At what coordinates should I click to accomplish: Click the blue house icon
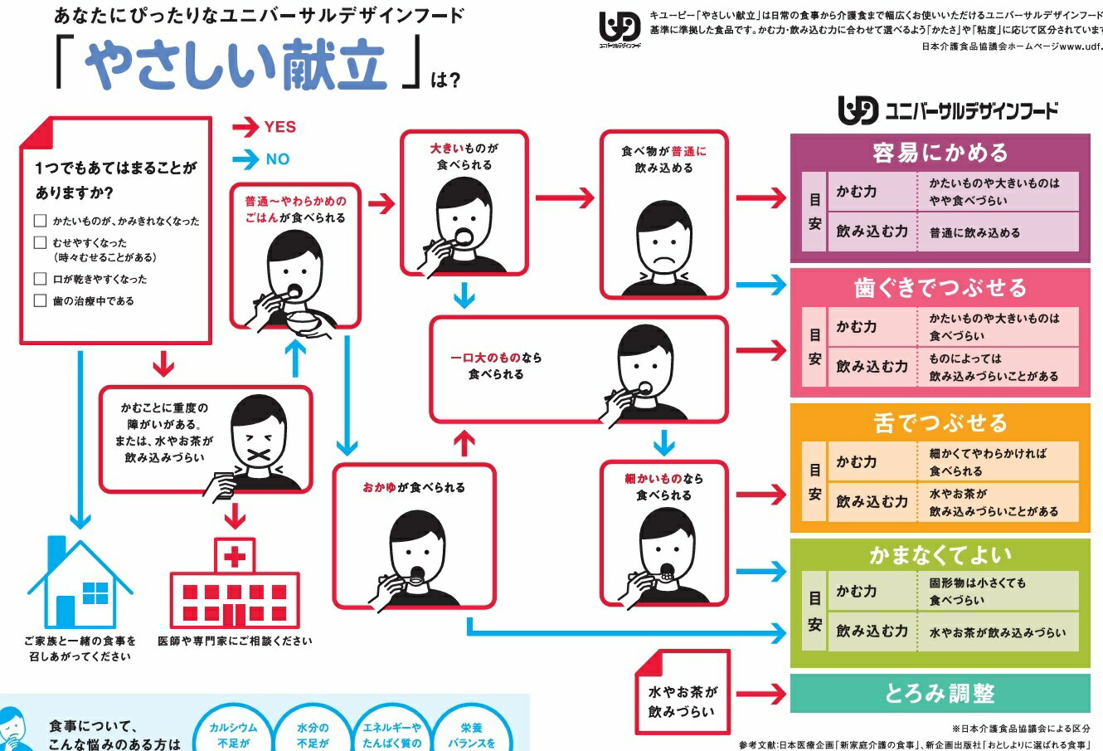pyautogui.click(x=80, y=583)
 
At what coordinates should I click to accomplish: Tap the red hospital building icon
pyautogui.click(x=235, y=585)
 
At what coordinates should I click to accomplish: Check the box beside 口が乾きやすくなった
pyautogui.click(x=40, y=279)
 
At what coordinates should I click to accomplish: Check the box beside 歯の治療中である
pyautogui.click(x=40, y=300)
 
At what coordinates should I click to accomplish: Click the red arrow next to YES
pyautogui.click(x=245, y=127)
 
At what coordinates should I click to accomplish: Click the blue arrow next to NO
pyautogui.click(x=245, y=158)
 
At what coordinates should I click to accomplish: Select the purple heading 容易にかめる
pyautogui.click(x=940, y=153)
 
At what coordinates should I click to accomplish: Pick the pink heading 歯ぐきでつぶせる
pyautogui.click(x=940, y=288)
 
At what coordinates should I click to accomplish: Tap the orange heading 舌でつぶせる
pyautogui.click(x=940, y=423)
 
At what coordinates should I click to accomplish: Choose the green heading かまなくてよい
pyautogui.click(x=940, y=555)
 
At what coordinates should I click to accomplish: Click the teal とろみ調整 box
pyautogui.click(x=940, y=693)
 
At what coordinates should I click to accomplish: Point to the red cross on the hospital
pyautogui.click(x=235, y=556)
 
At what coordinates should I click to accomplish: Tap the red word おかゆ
pyautogui.click(x=379, y=488)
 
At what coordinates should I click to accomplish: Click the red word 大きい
pyautogui.click(x=446, y=149)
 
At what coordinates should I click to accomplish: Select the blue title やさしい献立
pyautogui.click(x=236, y=66)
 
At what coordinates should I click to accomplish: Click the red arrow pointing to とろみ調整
pyautogui.click(x=760, y=694)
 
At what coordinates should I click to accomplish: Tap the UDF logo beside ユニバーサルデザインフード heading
pyautogui.click(x=857, y=110)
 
